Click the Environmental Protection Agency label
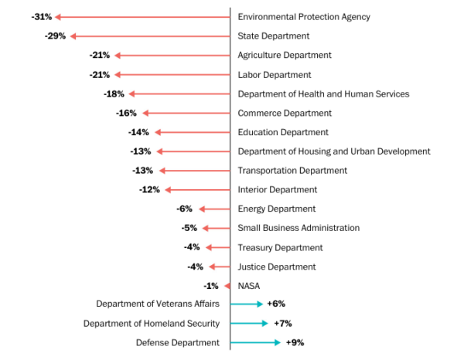(x=304, y=17)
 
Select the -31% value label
(x=42, y=17)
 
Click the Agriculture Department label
(x=285, y=56)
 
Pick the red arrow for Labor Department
(x=172, y=75)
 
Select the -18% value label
(x=114, y=94)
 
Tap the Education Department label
(x=283, y=132)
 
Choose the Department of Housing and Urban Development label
(x=334, y=151)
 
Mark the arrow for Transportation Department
(x=194, y=171)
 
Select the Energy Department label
(x=277, y=209)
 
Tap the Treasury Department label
(x=280, y=247)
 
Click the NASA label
(x=249, y=286)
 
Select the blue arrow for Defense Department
(x=256, y=342)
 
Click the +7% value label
(x=282, y=324)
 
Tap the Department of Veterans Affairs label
(x=159, y=304)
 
